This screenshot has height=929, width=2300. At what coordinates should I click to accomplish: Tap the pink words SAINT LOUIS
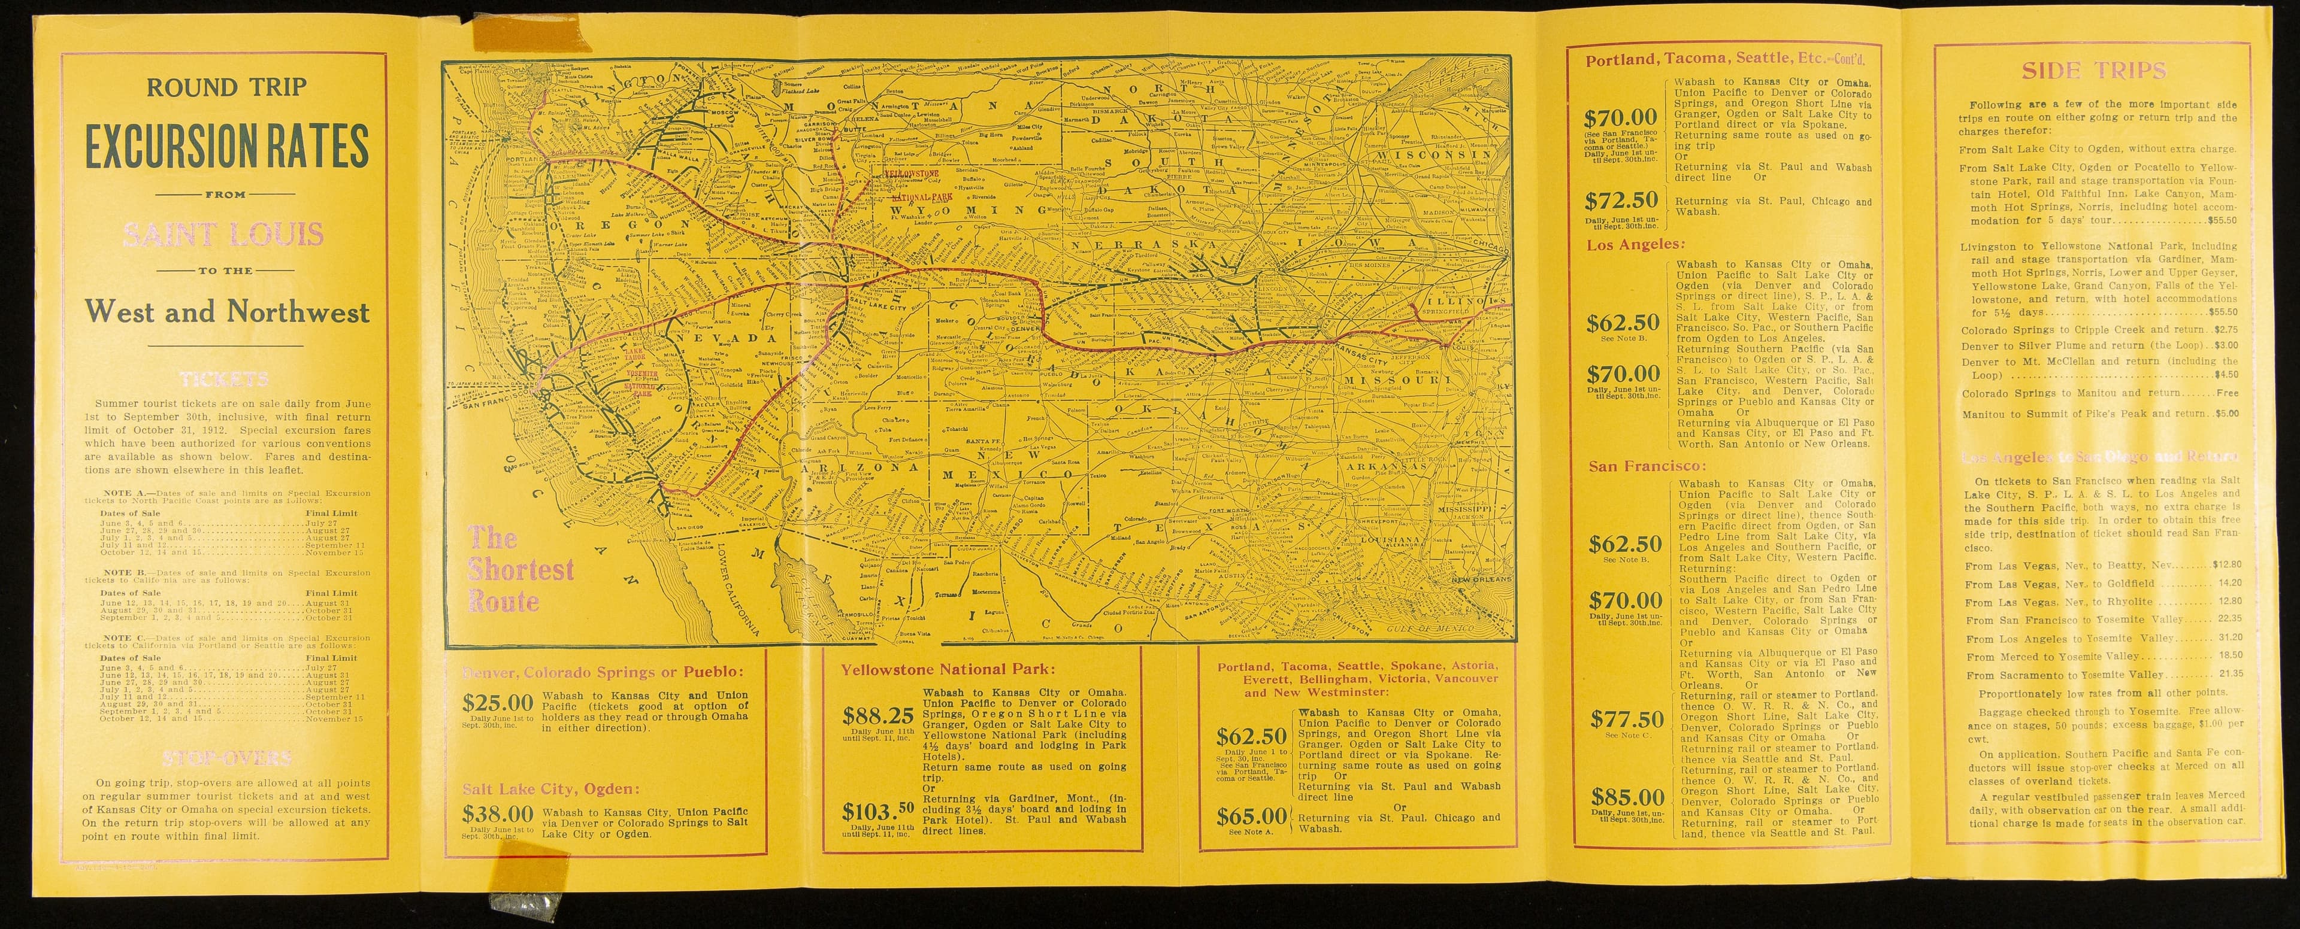[x=224, y=235]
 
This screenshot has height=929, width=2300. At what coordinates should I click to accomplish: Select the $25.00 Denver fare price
[x=497, y=702]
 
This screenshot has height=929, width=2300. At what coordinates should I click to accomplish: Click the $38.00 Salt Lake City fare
[x=497, y=814]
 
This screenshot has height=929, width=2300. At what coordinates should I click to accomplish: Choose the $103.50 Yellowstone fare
[x=879, y=812]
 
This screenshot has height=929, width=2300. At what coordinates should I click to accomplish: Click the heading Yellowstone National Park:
[x=948, y=669]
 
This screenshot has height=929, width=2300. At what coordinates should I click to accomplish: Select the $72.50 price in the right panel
[x=1621, y=200]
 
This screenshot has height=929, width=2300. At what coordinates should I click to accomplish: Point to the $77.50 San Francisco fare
[x=1627, y=719]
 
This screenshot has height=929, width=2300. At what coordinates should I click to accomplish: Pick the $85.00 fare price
[x=1627, y=797]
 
